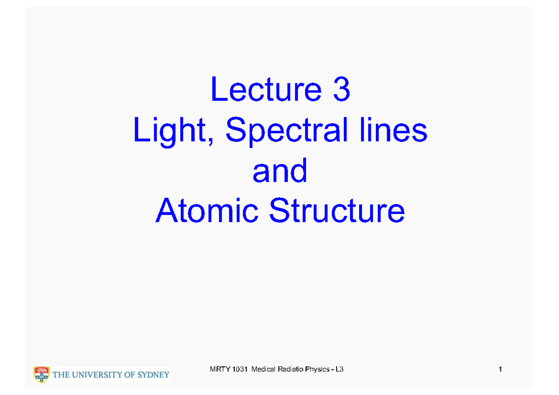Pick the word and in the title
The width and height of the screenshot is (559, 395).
coord(280,171)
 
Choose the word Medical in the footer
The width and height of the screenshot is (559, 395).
coord(262,370)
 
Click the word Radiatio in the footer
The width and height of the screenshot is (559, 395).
coord(287,370)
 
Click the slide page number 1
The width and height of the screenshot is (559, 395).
coord(499,370)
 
